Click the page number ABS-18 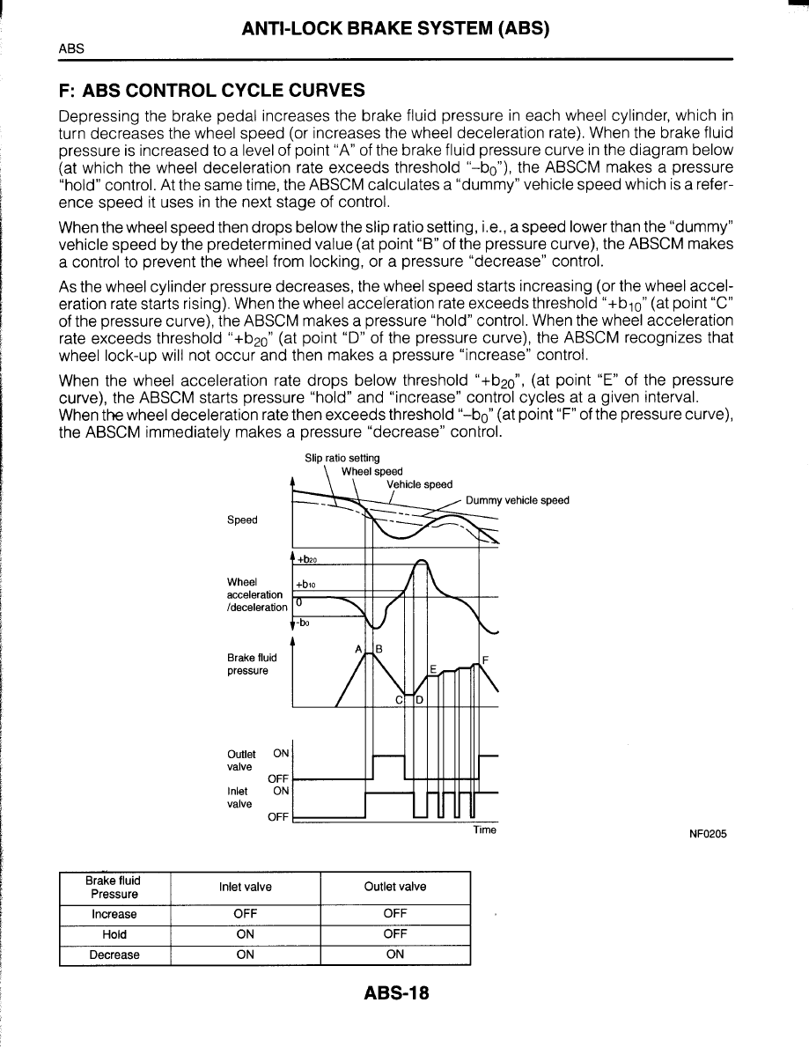click(x=395, y=993)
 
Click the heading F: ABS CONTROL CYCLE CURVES click(x=210, y=91)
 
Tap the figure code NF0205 click(x=708, y=835)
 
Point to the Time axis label click(x=484, y=830)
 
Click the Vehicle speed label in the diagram click(x=419, y=484)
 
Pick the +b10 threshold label click(x=305, y=584)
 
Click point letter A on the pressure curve click(x=358, y=649)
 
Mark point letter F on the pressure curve click(x=485, y=660)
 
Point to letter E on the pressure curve click(x=433, y=669)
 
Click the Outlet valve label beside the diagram click(x=241, y=761)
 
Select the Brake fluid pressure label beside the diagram click(x=252, y=664)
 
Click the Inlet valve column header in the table click(x=245, y=887)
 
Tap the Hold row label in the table click(x=114, y=934)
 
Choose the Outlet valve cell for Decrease click(x=395, y=955)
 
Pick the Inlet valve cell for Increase click(x=245, y=914)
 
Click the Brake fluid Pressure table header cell click(x=114, y=887)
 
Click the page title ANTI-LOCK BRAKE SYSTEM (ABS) click(x=395, y=28)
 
